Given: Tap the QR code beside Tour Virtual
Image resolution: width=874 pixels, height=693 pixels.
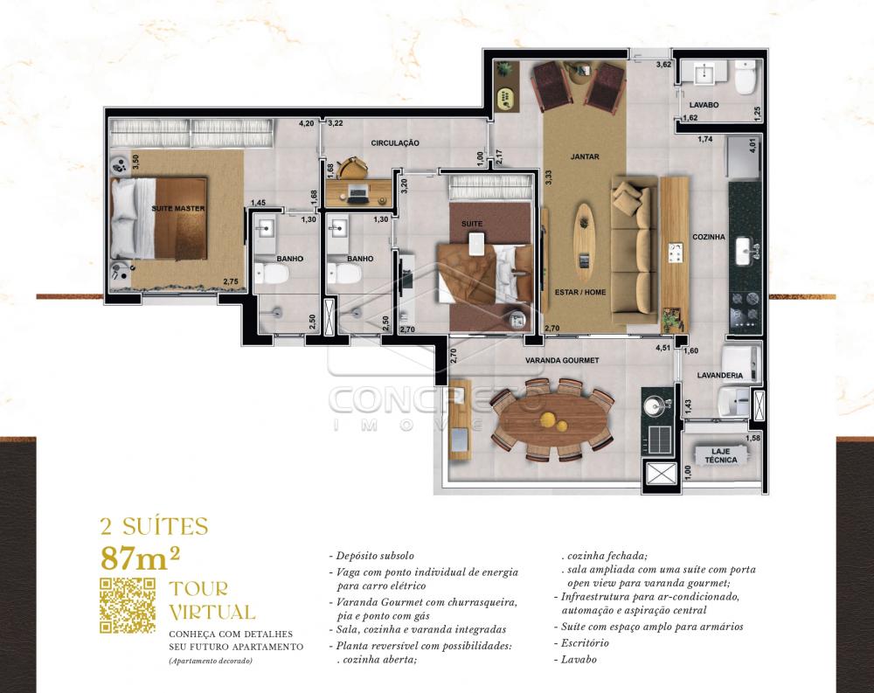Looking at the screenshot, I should click(x=128, y=605).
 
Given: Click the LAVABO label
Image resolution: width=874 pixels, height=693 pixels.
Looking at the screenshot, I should click(x=704, y=105).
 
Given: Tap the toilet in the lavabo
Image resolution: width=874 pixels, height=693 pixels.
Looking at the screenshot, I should click(x=745, y=78).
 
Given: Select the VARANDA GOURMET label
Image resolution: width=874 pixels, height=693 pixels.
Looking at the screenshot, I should click(x=561, y=360).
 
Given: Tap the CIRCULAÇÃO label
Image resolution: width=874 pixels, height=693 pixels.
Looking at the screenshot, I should click(x=395, y=142).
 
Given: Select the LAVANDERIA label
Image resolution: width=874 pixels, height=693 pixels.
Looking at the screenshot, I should click(x=719, y=375).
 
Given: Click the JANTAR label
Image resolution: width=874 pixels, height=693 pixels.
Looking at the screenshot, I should click(x=585, y=156).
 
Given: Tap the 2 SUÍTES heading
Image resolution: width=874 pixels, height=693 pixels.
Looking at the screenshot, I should click(x=155, y=527).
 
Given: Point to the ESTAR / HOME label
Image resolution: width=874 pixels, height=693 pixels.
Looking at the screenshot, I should click(x=581, y=292).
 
